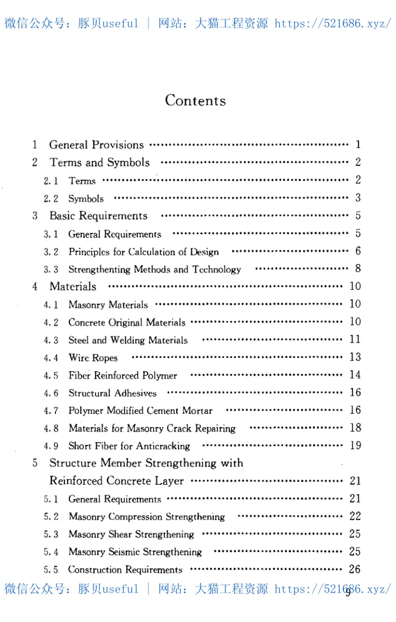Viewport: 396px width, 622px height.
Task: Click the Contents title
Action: (x=196, y=100)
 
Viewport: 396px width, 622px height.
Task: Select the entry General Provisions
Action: (x=97, y=145)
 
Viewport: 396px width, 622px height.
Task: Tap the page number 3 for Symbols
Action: (x=358, y=198)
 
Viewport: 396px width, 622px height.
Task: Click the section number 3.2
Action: (x=50, y=252)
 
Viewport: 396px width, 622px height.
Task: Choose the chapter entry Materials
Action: (x=73, y=286)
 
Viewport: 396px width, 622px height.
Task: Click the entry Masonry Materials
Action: (x=108, y=305)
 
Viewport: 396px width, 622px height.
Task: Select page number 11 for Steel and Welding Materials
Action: (x=355, y=339)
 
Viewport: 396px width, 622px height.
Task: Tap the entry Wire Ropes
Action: (x=93, y=357)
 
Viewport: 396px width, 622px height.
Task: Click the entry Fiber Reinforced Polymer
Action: (x=122, y=375)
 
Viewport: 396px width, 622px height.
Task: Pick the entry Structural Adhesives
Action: (x=112, y=393)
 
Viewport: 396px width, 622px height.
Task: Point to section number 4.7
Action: (x=50, y=411)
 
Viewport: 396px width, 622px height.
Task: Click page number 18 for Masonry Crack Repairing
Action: (x=355, y=428)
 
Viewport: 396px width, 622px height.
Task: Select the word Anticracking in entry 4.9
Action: (x=162, y=446)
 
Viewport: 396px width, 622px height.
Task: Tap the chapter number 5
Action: (x=35, y=463)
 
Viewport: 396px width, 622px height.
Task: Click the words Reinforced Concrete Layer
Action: (x=117, y=481)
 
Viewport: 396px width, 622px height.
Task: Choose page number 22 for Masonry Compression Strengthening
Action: (x=355, y=516)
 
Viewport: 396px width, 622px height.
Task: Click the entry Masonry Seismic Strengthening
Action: (x=135, y=552)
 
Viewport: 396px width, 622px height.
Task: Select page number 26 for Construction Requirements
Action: (x=354, y=569)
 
